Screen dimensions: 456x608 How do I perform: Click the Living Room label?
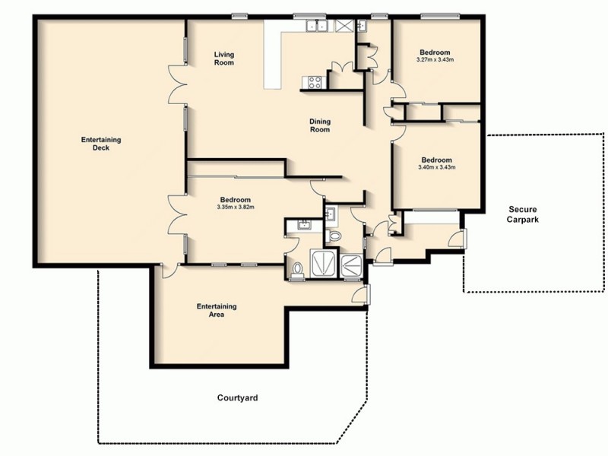[x=223, y=58]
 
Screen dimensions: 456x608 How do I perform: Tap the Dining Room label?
[x=319, y=125]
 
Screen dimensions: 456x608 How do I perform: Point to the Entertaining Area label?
[x=217, y=310]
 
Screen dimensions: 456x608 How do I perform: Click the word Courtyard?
[x=236, y=397]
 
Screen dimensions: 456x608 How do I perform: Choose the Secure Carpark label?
[x=524, y=215]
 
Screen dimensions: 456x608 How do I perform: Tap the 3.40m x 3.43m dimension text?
[x=436, y=167]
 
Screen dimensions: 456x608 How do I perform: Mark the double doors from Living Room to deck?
[x=179, y=84]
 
